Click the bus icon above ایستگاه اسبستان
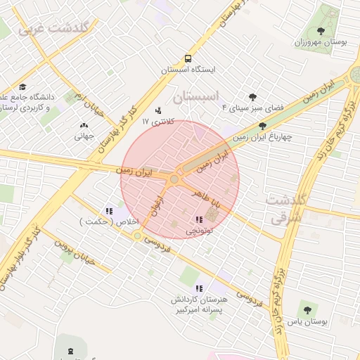[188, 59]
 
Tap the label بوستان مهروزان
[321, 43]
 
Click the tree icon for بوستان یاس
[307, 309]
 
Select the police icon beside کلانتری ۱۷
[157, 110]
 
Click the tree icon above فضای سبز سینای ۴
[252, 97]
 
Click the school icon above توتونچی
[198, 219]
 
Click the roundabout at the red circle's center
[174, 180]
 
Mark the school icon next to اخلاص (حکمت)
[108, 211]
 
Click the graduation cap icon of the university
[32, 86]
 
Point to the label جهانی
[84, 136]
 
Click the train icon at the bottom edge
[70, 351]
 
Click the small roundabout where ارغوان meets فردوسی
[138, 236]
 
